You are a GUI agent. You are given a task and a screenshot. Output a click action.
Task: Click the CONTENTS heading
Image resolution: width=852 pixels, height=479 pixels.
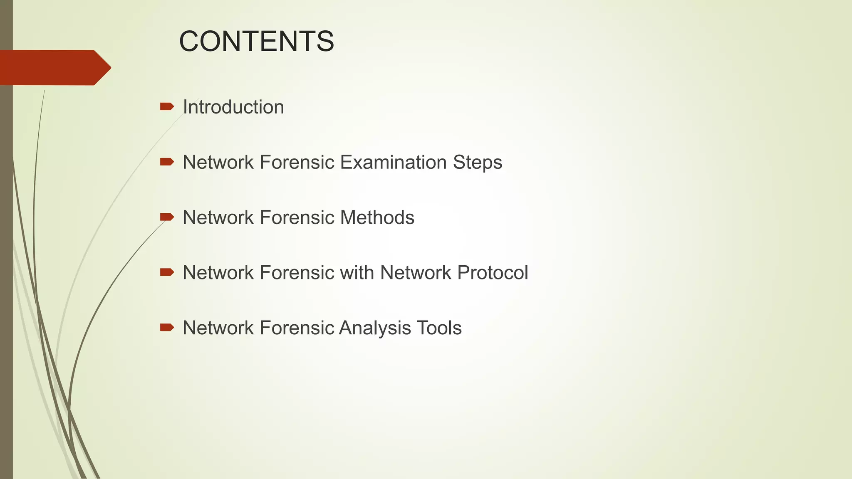point(256,42)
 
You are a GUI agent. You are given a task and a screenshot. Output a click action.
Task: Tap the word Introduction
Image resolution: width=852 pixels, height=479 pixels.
point(233,107)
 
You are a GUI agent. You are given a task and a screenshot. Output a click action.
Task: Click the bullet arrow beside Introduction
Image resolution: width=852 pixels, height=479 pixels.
point(167,107)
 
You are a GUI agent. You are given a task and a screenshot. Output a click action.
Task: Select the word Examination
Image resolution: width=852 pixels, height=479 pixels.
point(394,163)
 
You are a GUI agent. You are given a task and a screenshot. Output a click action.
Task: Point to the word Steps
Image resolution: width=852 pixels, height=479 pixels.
point(478,163)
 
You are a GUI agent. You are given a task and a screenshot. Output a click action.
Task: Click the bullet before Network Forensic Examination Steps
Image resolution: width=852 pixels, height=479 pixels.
point(167,162)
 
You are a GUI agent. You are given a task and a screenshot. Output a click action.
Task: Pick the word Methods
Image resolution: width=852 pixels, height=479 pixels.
point(377,218)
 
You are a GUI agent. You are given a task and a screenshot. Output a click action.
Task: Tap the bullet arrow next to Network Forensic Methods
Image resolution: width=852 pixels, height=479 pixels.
point(167,217)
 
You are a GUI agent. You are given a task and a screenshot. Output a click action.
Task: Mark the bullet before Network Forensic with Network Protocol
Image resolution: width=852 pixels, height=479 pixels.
point(167,272)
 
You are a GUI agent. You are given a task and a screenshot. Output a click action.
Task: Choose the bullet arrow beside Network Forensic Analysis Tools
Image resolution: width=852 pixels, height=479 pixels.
point(167,328)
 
